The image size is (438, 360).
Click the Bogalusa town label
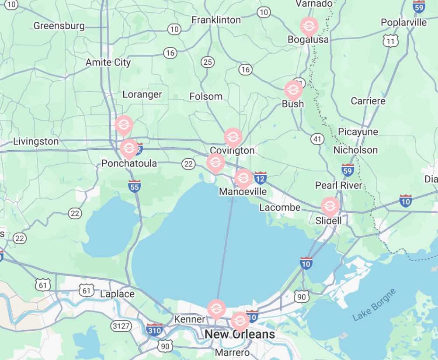(308, 40)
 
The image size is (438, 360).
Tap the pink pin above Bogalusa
(309, 27)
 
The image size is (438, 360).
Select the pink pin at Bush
(293, 90)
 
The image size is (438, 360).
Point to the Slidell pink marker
(330, 206)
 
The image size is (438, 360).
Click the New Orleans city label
(240, 335)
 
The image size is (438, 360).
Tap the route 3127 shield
(121, 325)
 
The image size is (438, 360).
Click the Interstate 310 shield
(154, 329)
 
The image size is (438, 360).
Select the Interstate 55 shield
(134, 186)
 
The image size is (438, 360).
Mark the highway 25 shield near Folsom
(208, 62)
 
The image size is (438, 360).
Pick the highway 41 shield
(317, 139)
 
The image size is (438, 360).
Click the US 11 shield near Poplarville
(389, 42)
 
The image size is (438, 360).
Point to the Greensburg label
(59, 26)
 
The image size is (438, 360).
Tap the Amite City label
(108, 62)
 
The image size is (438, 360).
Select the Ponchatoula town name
(129, 163)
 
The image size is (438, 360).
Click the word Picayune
(358, 132)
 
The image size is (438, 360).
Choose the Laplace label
(117, 294)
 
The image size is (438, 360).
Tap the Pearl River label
(339, 185)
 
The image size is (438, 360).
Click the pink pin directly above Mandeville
(243, 178)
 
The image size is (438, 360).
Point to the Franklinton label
(216, 20)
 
